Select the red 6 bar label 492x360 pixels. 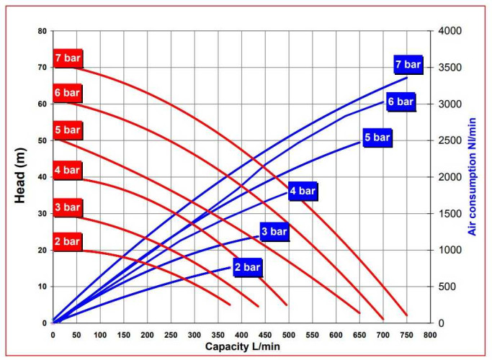(x=67, y=94)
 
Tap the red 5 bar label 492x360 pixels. (x=67, y=130)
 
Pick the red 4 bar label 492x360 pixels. (x=67, y=171)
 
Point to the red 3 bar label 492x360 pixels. (x=67, y=207)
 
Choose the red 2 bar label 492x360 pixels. (x=67, y=241)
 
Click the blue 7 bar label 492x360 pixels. (x=408, y=66)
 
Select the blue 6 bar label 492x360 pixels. (x=401, y=102)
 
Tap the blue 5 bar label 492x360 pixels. (x=377, y=138)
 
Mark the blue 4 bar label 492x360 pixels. (x=302, y=192)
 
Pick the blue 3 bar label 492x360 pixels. (x=274, y=232)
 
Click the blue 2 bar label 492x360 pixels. (x=247, y=268)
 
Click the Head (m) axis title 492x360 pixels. (x=21, y=177)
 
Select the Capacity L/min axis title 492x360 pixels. (x=241, y=347)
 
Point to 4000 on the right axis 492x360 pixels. (x=449, y=32)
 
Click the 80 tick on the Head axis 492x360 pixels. (x=42, y=32)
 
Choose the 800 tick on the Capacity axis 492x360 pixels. (x=430, y=335)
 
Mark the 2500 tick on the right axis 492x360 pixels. (x=449, y=141)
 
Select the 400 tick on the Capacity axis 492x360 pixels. (x=241, y=335)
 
